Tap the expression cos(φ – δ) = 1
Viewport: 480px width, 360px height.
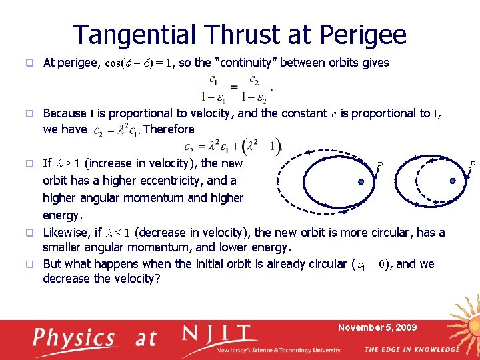pyautogui.click(x=139, y=63)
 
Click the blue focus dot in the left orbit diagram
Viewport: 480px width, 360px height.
pyautogui.click(x=359, y=181)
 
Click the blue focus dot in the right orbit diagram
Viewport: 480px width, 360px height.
pyautogui.click(x=453, y=180)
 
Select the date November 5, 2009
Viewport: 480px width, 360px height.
pyautogui.click(x=377, y=327)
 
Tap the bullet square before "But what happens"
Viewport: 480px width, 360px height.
pyautogui.click(x=29, y=264)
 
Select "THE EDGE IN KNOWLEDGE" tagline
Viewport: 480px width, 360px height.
pyautogui.click(x=411, y=349)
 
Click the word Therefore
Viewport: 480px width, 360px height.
pyautogui.click(x=169, y=129)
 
